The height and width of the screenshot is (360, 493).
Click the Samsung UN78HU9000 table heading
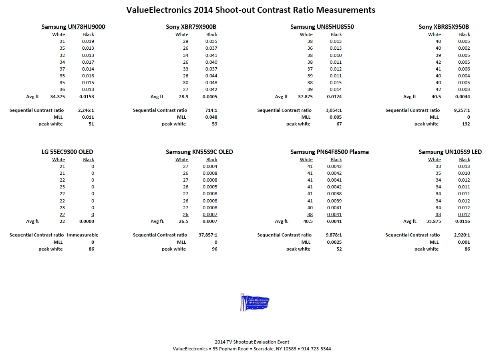(x=73, y=27)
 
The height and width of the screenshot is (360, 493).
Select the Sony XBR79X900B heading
(x=191, y=27)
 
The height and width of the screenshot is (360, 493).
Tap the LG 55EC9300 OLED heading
(x=67, y=152)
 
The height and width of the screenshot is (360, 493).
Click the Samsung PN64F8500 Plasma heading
(x=329, y=152)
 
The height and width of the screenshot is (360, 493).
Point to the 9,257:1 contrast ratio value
(x=462, y=110)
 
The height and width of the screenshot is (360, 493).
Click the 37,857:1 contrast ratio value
(x=208, y=235)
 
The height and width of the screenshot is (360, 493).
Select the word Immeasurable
(x=83, y=235)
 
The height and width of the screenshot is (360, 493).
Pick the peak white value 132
(x=466, y=124)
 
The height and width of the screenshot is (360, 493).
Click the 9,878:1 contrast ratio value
(x=334, y=235)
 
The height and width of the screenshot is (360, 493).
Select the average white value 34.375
(x=58, y=97)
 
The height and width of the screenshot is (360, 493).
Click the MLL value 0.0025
(x=334, y=242)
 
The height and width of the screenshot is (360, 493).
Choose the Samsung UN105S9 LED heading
(x=450, y=152)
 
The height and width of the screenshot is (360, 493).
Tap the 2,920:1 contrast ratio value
(x=462, y=235)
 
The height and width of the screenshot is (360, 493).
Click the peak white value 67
(x=339, y=124)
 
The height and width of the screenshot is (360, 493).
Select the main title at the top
(x=251, y=10)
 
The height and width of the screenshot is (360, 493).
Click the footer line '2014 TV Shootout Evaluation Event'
(x=252, y=342)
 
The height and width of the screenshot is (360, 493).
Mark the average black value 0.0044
(x=463, y=97)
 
